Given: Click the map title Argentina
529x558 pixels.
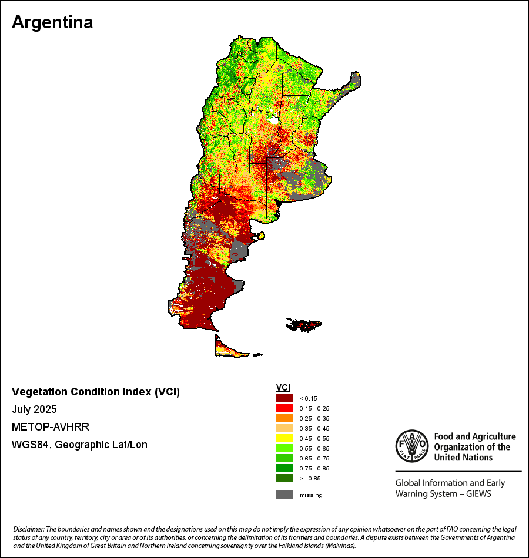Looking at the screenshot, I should pyautogui.click(x=52, y=22).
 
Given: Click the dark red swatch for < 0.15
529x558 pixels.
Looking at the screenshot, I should pyautogui.click(x=284, y=398).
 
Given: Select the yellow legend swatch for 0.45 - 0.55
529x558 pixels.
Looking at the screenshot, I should pyautogui.click(x=284, y=438).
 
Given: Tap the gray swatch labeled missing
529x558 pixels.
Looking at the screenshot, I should pyautogui.click(x=284, y=495).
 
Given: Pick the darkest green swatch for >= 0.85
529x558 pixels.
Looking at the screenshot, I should pyautogui.click(x=284, y=478).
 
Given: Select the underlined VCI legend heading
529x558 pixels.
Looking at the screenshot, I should pyautogui.click(x=283, y=387).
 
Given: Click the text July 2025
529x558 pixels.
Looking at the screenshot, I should pyautogui.click(x=34, y=409).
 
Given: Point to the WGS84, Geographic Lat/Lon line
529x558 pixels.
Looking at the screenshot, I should pyautogui.click(x=79, y=445).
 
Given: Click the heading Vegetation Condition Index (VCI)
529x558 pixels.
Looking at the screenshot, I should pyautogui.click(x=96, y=392).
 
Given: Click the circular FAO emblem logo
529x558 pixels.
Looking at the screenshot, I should pyautogui.click(x=411, y=446).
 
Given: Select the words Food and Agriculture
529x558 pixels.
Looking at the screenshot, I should pyautogui.click(x=475, y=436).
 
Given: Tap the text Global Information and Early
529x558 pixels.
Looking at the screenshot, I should pyautogui.click(x=450, y=483).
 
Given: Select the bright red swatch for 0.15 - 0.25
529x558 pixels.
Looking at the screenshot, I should pyautogui.click(x=284, y=408).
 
